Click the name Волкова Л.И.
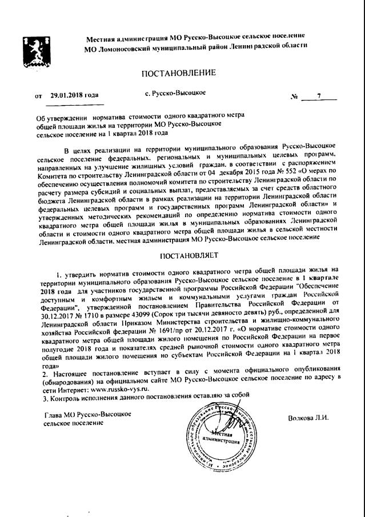click(309, 418)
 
